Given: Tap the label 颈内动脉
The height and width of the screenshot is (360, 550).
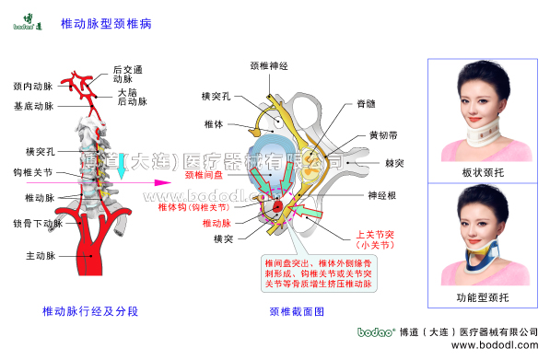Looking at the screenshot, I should click(33, 86).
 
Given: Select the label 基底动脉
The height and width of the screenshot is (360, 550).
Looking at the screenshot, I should click(33, 107).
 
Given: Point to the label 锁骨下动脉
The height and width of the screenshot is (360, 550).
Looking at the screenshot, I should click(38, 223).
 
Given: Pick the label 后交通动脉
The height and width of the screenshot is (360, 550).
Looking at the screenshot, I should click(127, 74).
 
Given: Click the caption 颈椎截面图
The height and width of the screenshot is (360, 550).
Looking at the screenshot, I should click(297, 311).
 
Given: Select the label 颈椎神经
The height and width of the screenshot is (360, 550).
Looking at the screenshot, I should click(270, 66).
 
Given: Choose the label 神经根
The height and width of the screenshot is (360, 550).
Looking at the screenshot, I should click(382, 195).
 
